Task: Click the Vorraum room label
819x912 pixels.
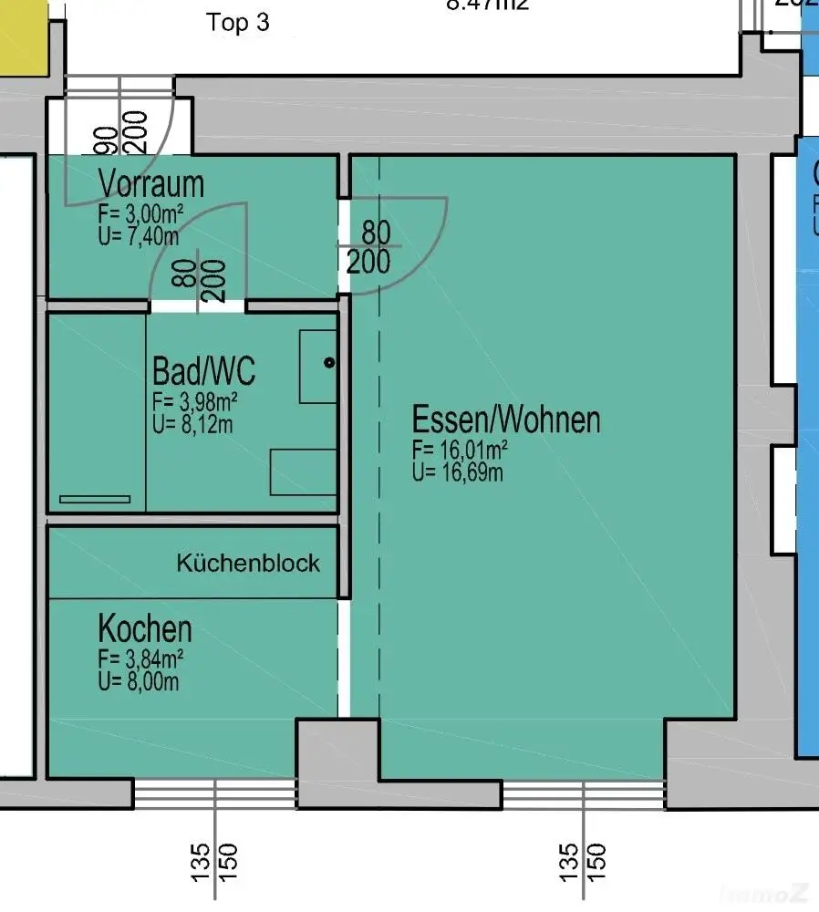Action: [x=151, y=184]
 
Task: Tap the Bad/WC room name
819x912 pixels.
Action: [x=203, y=371]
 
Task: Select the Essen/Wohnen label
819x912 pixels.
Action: [x=506, y=420]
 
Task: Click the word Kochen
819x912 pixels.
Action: [x=145, y=629]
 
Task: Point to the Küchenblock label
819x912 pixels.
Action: [x=248, y=563]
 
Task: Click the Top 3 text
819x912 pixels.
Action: [x=238, y=23]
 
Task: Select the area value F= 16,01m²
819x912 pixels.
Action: [x=460, y=450]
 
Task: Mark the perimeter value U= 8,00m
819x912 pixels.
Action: [x=139, y=680]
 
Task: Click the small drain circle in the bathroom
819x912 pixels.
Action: [x=329, y=363]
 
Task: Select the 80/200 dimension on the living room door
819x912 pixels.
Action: [x=369, y=247]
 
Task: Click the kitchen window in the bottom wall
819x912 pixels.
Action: [x=215, y=793]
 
